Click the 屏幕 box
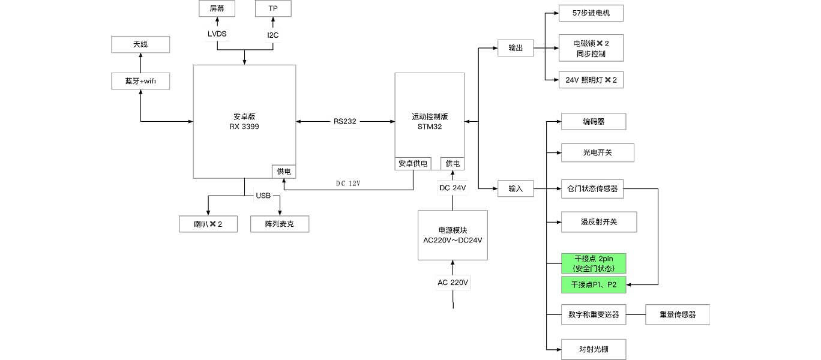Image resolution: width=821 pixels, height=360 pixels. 217,8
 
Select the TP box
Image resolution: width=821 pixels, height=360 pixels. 273,8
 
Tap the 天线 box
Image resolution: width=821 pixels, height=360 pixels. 140,44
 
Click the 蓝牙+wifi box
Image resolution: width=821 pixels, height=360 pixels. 140,81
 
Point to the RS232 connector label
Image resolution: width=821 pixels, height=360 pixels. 345,121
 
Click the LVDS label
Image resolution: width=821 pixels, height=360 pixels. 217,34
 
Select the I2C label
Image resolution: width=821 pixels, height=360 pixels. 273,35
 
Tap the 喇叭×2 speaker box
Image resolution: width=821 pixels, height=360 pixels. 208,224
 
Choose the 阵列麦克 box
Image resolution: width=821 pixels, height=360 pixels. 280,224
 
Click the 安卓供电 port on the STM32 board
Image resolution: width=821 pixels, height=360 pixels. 413,163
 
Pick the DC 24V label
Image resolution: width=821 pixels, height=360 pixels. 453,188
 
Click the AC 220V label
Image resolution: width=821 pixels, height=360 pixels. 453,283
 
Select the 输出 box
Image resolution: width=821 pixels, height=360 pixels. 516,48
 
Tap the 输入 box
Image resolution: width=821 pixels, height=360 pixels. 516,188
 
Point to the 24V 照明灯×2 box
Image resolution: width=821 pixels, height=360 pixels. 591,80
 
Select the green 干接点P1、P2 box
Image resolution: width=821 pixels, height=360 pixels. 594,284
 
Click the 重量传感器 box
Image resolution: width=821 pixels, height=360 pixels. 678,314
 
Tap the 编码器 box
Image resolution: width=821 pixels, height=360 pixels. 594,121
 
